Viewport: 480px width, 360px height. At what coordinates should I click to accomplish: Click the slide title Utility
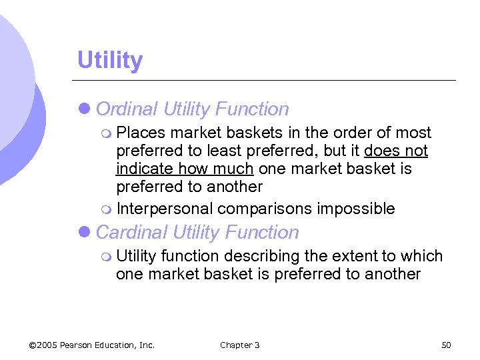click(x=110, y=61)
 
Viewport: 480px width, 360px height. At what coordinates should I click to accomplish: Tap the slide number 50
click(x=446, y=345)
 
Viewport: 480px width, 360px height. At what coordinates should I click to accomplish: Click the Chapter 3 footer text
click(x=239, y=345)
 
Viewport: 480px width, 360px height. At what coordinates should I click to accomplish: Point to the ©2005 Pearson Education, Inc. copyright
click(x=92, y=345)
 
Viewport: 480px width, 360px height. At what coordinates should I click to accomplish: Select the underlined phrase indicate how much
click(x=185, y=169)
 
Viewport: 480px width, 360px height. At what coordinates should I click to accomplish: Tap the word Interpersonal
click(x=165, y=209)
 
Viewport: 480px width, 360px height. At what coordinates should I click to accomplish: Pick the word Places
click(x=141, y=133)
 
